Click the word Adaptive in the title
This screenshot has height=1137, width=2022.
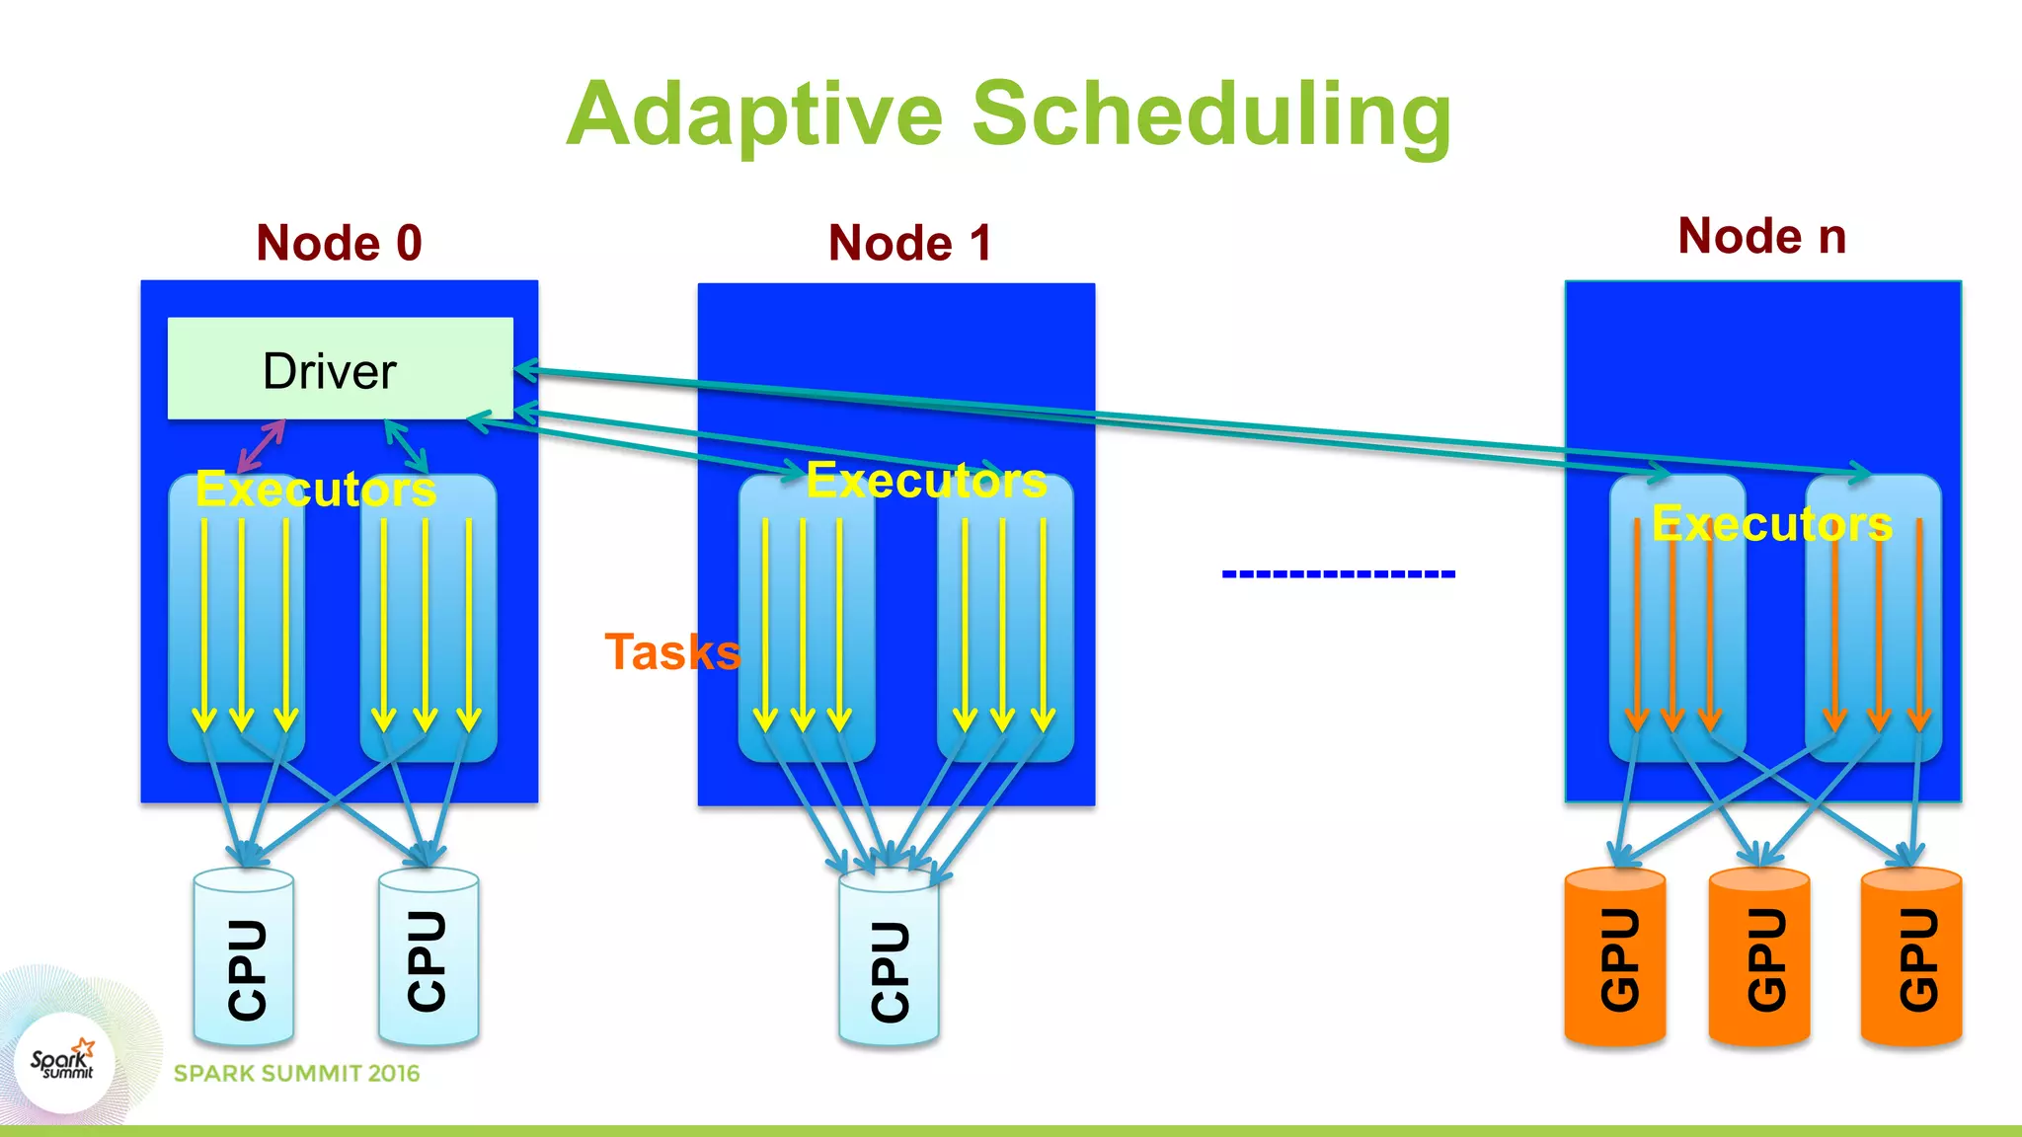point(755,115)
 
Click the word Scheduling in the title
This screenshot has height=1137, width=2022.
point(1211,115)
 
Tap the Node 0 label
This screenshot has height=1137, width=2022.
point(339,243)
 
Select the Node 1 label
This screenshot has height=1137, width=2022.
point(909,243)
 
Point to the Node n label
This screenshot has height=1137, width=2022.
point(1761,236)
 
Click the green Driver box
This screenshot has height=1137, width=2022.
point(340,369)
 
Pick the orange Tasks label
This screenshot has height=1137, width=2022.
point(671,652)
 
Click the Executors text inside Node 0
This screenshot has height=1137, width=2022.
point(316,490)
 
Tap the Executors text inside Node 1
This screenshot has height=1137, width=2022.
point(926,481)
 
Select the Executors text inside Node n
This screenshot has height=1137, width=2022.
point(1772,524)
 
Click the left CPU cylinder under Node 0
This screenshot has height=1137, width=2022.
point(244,957)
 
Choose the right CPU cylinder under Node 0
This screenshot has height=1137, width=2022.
point(428,957)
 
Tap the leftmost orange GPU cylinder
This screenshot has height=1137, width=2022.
point(1615,957)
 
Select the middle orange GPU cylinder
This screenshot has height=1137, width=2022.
point(1759,957)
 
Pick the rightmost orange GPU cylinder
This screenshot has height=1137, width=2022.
point(1911,957)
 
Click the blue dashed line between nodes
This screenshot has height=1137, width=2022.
point(1338,573)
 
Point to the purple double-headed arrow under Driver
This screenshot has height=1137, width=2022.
point(262,446)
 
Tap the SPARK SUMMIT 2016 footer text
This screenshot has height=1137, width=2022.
point(296,1074)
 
